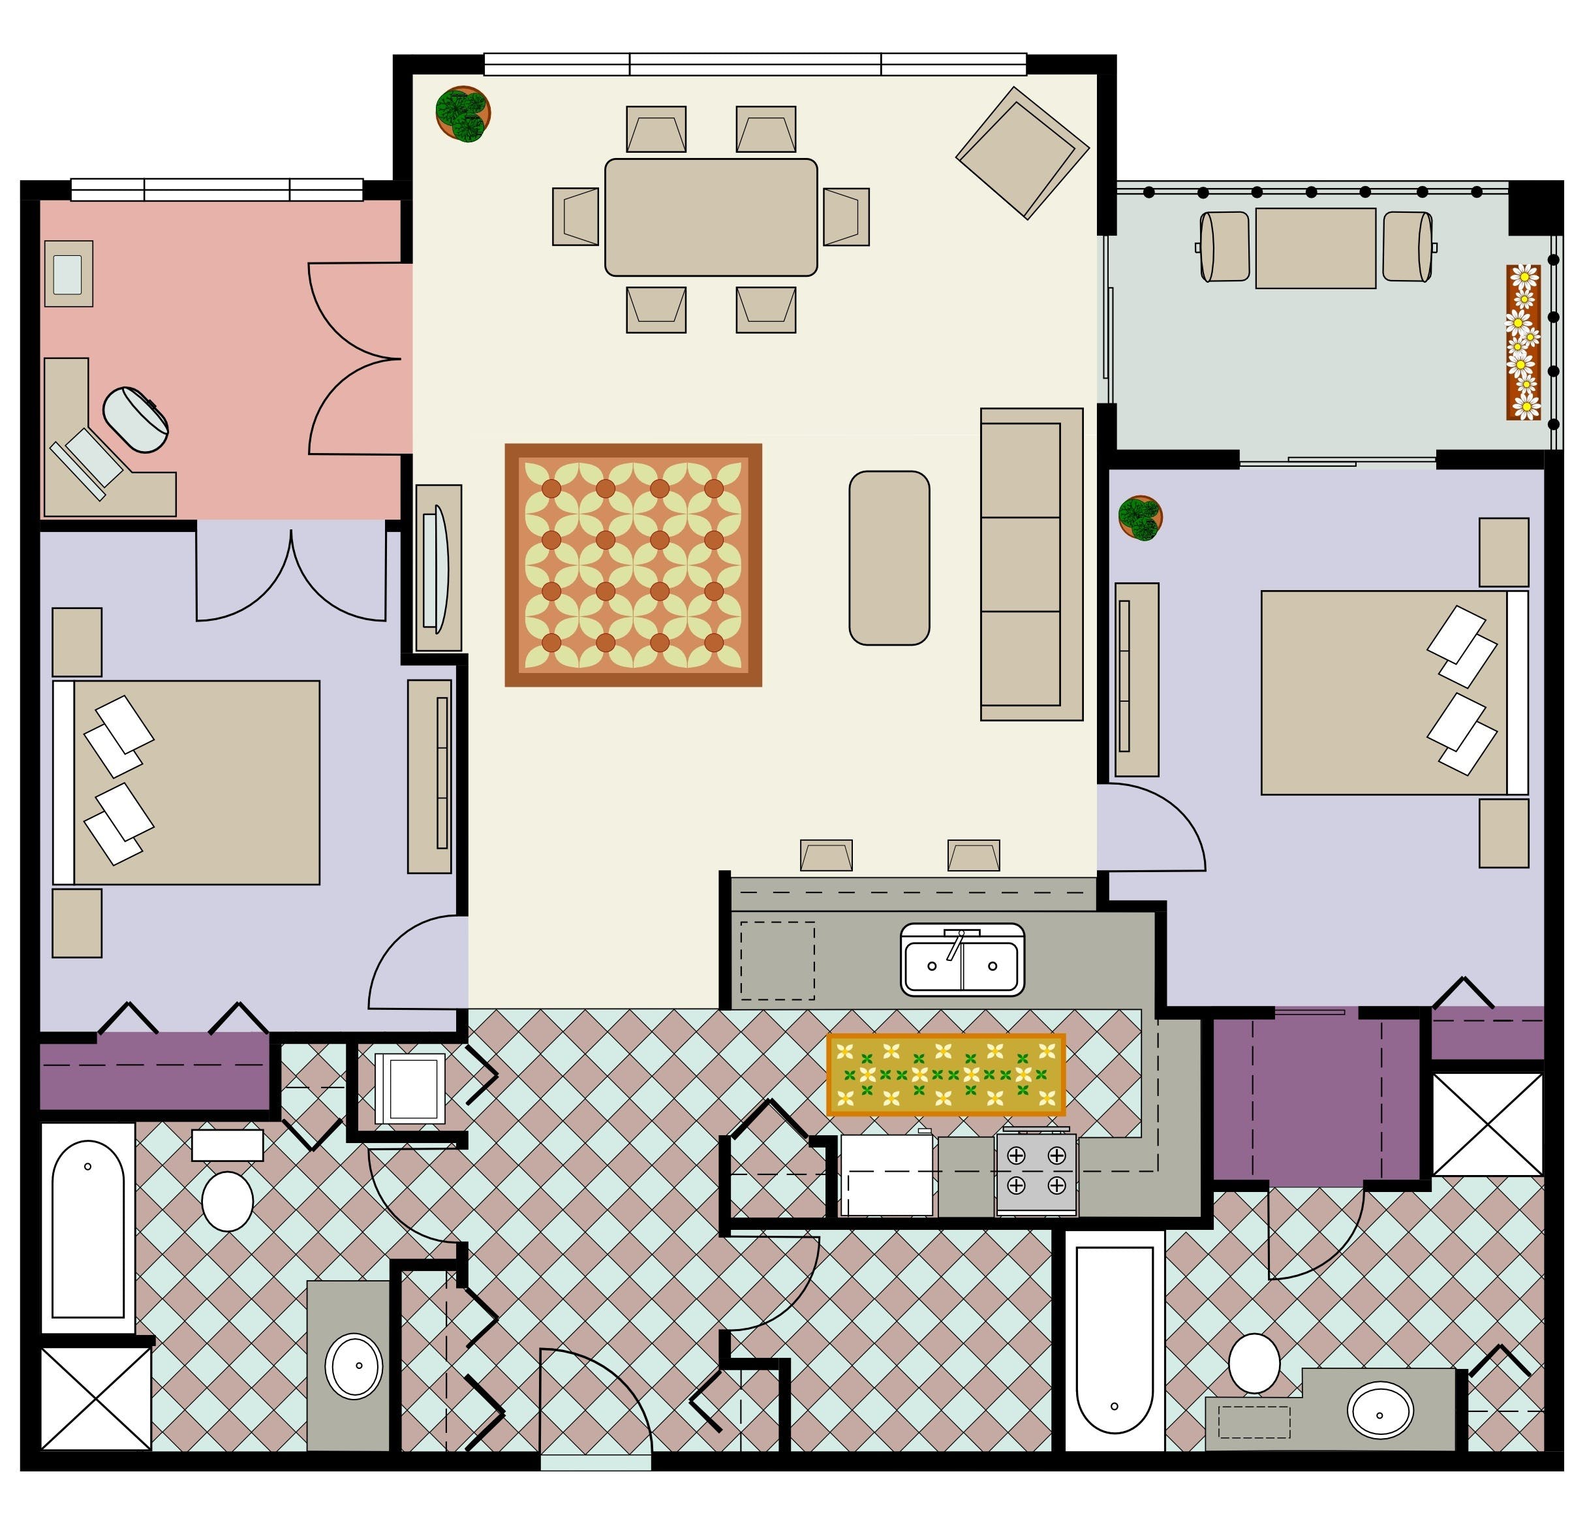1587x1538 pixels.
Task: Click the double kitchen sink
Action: click(962, 960)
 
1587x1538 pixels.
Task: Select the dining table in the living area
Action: click(711, 217)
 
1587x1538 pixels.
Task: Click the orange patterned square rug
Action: click(633, 565)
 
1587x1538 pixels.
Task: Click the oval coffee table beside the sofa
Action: click(889, 557)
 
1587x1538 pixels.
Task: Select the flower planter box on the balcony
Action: click(1523, 342)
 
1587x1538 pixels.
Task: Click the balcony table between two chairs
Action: click(1315, 248)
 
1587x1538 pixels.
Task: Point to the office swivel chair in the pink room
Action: click(136, 418)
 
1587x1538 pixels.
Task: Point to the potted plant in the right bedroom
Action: click(1140, 518)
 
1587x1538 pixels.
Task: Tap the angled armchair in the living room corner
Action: click(1022, 153)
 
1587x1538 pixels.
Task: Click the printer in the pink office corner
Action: click(68, 274)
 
